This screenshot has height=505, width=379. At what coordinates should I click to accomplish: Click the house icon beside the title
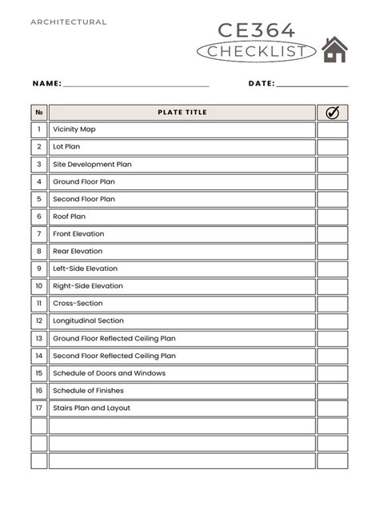click(x=334, y=50)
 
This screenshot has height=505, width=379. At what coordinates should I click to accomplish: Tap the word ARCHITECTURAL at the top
click(x=69, y=22)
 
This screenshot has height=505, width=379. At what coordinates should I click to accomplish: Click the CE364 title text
click(x=257, y=31)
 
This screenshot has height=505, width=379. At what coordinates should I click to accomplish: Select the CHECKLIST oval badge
click(x=256, y=52)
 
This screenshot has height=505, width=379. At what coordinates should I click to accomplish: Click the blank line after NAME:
click(x=136, y=84)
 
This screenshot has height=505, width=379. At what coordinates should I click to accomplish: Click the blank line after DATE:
click(x=312, y=84)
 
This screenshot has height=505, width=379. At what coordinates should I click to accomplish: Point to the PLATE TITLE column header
click(x=182, y=113)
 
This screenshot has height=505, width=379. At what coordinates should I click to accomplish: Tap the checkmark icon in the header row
click(x=333, y=113)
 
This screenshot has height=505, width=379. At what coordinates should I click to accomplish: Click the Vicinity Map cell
click(x=182, y=129)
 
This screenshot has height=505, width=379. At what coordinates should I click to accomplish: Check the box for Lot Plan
click(x=333, y=147)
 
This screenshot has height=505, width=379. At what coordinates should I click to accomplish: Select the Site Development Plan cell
click(x=182, y=165)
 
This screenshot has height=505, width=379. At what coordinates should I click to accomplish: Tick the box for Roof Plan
click(x=333, y=217)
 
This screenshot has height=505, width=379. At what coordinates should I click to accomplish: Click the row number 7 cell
click(x=39, y=234)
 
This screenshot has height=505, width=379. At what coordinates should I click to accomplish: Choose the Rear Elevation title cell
click(x=182, y=252)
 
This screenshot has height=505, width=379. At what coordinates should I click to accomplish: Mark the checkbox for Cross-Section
click(x=333, y=304)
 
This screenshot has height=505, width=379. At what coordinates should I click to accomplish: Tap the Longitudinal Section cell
click(x=182, y=321)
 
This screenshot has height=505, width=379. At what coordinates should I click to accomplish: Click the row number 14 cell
click(x=39, y=356)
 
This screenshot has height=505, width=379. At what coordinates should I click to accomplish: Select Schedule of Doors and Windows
click(x=182, y=374)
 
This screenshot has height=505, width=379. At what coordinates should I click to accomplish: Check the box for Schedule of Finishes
click(x=333, y=391)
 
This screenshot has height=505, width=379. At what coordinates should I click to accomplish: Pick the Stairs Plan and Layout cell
click(x=182, y=408)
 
